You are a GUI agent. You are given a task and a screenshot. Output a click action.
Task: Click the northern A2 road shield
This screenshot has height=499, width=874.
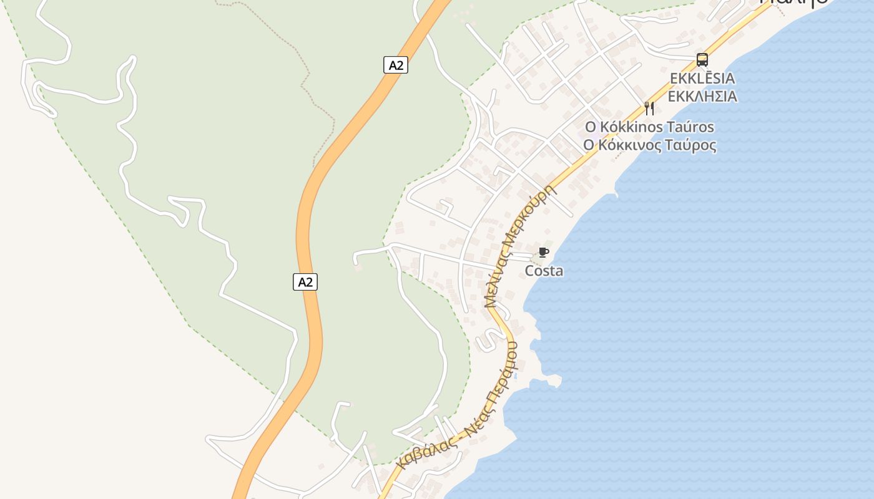coord(395,65)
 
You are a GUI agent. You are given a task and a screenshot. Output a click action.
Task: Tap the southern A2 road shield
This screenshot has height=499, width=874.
coord(305,282)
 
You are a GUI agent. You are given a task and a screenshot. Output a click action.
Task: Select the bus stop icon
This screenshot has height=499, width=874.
coord(702,60)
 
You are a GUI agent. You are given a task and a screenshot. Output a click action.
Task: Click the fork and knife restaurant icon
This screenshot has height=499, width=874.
coord(649,109)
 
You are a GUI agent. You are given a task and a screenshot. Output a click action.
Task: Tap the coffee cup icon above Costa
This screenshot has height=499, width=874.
coord(544,253)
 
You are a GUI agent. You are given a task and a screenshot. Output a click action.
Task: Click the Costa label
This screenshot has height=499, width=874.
coord(544,271)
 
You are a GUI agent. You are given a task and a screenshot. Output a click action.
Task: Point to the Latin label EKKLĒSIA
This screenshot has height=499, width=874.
coord(702,79)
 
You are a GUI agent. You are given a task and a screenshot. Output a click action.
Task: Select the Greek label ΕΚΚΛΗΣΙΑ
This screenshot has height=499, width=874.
coord(702,97)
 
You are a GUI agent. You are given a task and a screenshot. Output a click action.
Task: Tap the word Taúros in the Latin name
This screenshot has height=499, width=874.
coord(691,127)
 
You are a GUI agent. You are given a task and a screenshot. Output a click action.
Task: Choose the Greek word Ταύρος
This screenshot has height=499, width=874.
coord(692,145)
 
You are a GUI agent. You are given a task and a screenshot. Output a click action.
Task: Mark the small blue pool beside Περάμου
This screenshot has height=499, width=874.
coord(515,377)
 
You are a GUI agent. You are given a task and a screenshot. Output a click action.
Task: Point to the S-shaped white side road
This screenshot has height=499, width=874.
coord(486,341)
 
